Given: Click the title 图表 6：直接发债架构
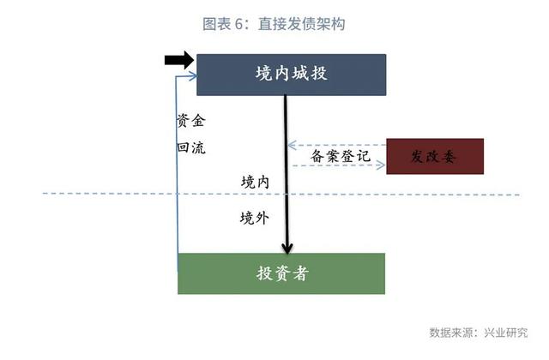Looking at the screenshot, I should click(274, 24).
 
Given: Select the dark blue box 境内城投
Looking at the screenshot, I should click(291, 75).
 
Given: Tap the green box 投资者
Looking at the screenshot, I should click(281, 273).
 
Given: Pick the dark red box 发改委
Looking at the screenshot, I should click(435, 156).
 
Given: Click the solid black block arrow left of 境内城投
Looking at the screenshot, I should click(178, 59).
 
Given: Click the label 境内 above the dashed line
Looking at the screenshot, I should click(255, 181).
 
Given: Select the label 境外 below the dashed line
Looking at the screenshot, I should click(255, 218).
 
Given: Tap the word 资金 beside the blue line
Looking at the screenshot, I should click(190, 121).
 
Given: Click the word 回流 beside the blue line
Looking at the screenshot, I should click(190, 147).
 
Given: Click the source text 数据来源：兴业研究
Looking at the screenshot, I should click(478, 333).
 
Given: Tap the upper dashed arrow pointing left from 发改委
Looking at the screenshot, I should click(335, 143).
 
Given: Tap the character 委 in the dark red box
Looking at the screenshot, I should click(452, 156).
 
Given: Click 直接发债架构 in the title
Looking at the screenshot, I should click(301, 24).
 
